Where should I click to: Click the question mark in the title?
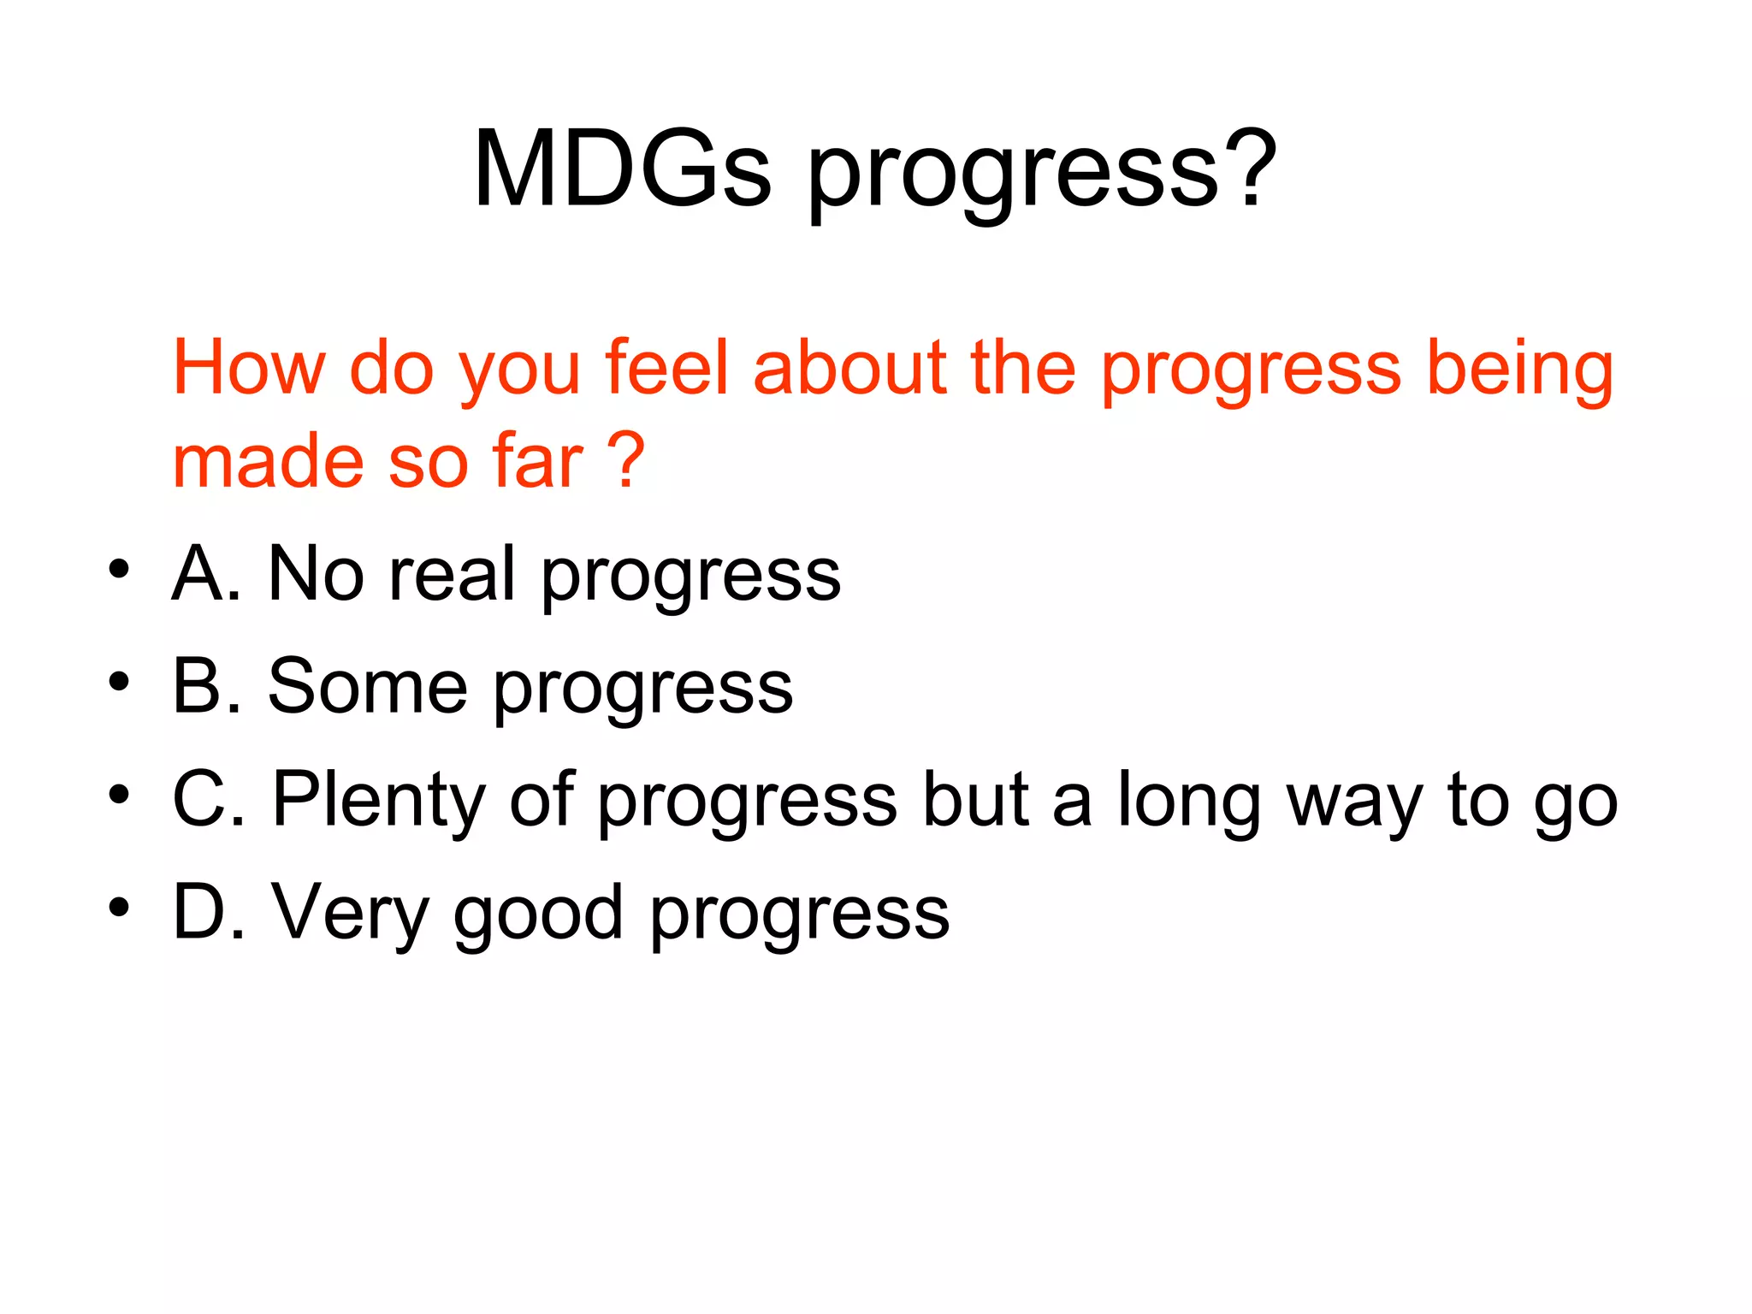click(x=1251, y=169)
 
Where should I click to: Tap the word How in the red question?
click(x=249, y=368)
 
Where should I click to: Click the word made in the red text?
click(x=269, y=462)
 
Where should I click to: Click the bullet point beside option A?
click(x=119, y=570)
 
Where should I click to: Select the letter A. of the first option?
click(x=206, y=574)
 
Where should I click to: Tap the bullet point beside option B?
click(x=119, y=683)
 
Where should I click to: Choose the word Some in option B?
click(x=368, y=687)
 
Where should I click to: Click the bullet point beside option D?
click(x=119, y=908)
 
